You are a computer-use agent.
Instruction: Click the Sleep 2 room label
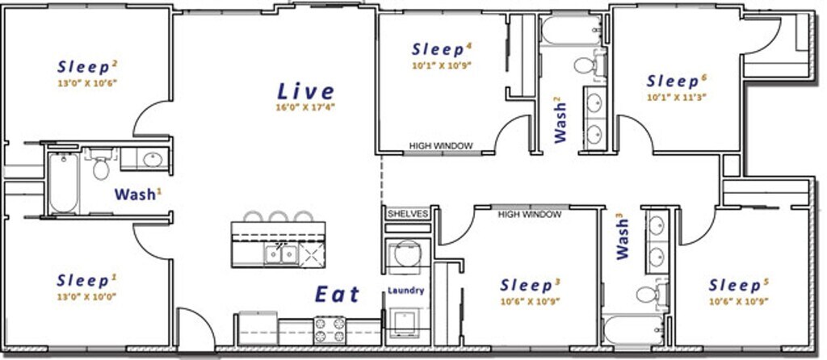click(x=87, y=67)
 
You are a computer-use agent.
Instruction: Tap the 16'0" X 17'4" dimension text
click(x=306, y=107)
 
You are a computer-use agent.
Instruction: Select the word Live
click(x=306, y=91)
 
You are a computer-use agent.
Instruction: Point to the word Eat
click(x=338, y=294)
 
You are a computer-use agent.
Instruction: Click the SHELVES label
click(x=406, y=214)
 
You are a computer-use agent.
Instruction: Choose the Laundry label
click(x=406, y=291)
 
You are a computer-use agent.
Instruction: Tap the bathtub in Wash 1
click(x=63, y=182)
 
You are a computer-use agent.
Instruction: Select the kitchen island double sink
click(x=281, y=254)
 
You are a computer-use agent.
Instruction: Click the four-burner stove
click(x=330, y=330)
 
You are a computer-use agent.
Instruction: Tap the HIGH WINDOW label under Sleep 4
click(x=441, y=146)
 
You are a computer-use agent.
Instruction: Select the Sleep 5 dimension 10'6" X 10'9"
click(x=738, y=302)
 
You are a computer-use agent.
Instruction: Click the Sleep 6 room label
click(x=677, y=82)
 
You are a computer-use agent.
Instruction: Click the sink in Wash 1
click(x=153, y=160)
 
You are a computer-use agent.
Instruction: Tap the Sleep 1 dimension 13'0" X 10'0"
click(x=86, y=297)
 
